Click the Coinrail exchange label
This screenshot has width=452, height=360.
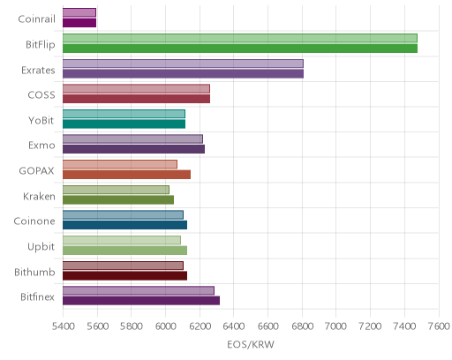[x=36, y=19]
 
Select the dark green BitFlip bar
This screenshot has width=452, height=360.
[x=240, y=49]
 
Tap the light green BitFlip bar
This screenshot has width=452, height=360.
[x=240, y=38]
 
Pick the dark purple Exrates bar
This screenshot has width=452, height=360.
[x=183, y=74]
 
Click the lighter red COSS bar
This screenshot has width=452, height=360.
[x=136, y=89]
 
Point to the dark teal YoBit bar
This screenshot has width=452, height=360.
[x=124, y=124]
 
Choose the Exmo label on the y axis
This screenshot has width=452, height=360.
[x=41, y=146]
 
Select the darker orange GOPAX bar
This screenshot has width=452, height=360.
[x=126, y=175]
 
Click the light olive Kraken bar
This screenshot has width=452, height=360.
[x=116, y=190]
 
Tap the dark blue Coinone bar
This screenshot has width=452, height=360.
[x=124, y=225]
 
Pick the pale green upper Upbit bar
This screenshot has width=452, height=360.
[x=122, y=240]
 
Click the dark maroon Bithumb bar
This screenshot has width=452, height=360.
[x=124, y=276]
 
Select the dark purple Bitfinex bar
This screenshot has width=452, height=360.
[x=141, y=301]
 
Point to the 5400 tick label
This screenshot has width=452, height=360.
[x=63, y=326]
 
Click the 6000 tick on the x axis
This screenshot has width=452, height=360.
[x=165, y=326]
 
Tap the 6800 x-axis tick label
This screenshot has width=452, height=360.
[x=302, y=326]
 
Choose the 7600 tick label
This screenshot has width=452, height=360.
[x=439, y=326]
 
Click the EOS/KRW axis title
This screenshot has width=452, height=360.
[x=251, y=344]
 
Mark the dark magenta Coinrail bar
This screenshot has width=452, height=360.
[x=79, y=23]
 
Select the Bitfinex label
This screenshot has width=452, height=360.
[x=37, y=297]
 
